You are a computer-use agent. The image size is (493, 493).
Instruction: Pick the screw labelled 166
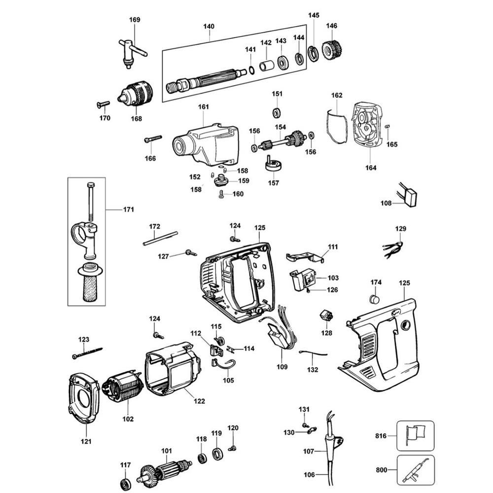click(x=153, y=140)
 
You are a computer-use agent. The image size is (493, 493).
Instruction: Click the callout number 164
click(x=371, y=168)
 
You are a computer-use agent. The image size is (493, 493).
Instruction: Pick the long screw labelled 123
click(x=87, y=353)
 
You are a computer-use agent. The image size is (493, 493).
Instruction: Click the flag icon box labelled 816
click(x=416, y=436)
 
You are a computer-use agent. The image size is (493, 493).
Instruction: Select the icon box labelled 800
click(x=416, y=471)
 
